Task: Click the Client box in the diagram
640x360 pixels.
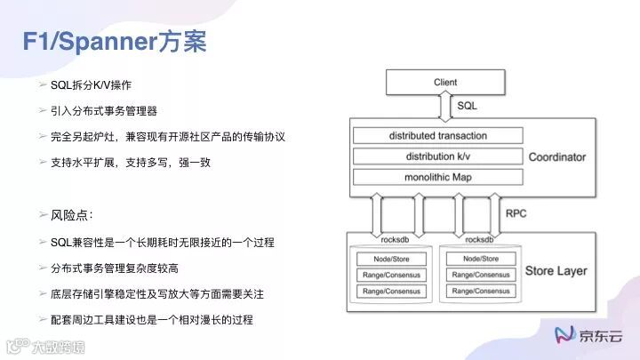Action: (x=444, y=83)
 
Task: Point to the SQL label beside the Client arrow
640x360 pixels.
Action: (x=467, y=106)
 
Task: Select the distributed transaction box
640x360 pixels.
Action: (x=437, y=136)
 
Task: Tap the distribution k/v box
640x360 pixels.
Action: (x=437, y=156)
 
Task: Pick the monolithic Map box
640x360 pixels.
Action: (x=437, y=177)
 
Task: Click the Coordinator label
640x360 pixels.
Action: (x=557, y=157)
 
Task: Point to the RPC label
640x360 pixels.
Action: (x=516, y=214)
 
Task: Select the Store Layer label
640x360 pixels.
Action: (x=556, y=270)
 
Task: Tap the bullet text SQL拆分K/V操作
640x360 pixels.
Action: (x=92, y=84)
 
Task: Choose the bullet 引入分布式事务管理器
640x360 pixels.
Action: (x=104, y=111)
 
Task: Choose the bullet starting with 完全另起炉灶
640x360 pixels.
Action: (x=168, y=137)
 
